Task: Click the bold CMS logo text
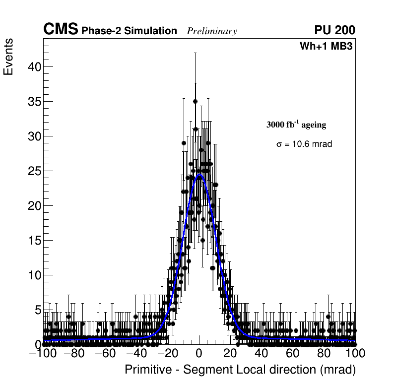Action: pyautogui.click(x=61, y=30)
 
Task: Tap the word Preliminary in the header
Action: pyautogui.click(x=212, y=32)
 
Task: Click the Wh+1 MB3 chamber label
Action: pyautogui.click(x=326, y=47)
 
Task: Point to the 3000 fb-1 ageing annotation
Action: pyautogui.click(x=296, y=125)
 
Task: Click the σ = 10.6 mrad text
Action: pyautogui.click(x=304, y=144)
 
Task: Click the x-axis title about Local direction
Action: pyautogui.click(x=240, y=370)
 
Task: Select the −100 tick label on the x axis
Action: pyautogui.click(x=44, y=354)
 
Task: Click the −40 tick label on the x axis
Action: pyautogui.click(x=136, y=354)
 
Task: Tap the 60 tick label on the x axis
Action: pyautogui.click(x=293, y=354)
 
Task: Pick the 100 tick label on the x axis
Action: pyautogui.click(x=355, y=354)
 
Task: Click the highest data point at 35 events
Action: pyautogui.click(x=195, y=101)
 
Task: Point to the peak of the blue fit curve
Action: pyautogui.click(x=199, y=175)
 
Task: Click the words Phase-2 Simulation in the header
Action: pyautogui.click(x=129, y=31)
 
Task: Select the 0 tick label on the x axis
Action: pyautogui.click(x=199, y=354)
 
